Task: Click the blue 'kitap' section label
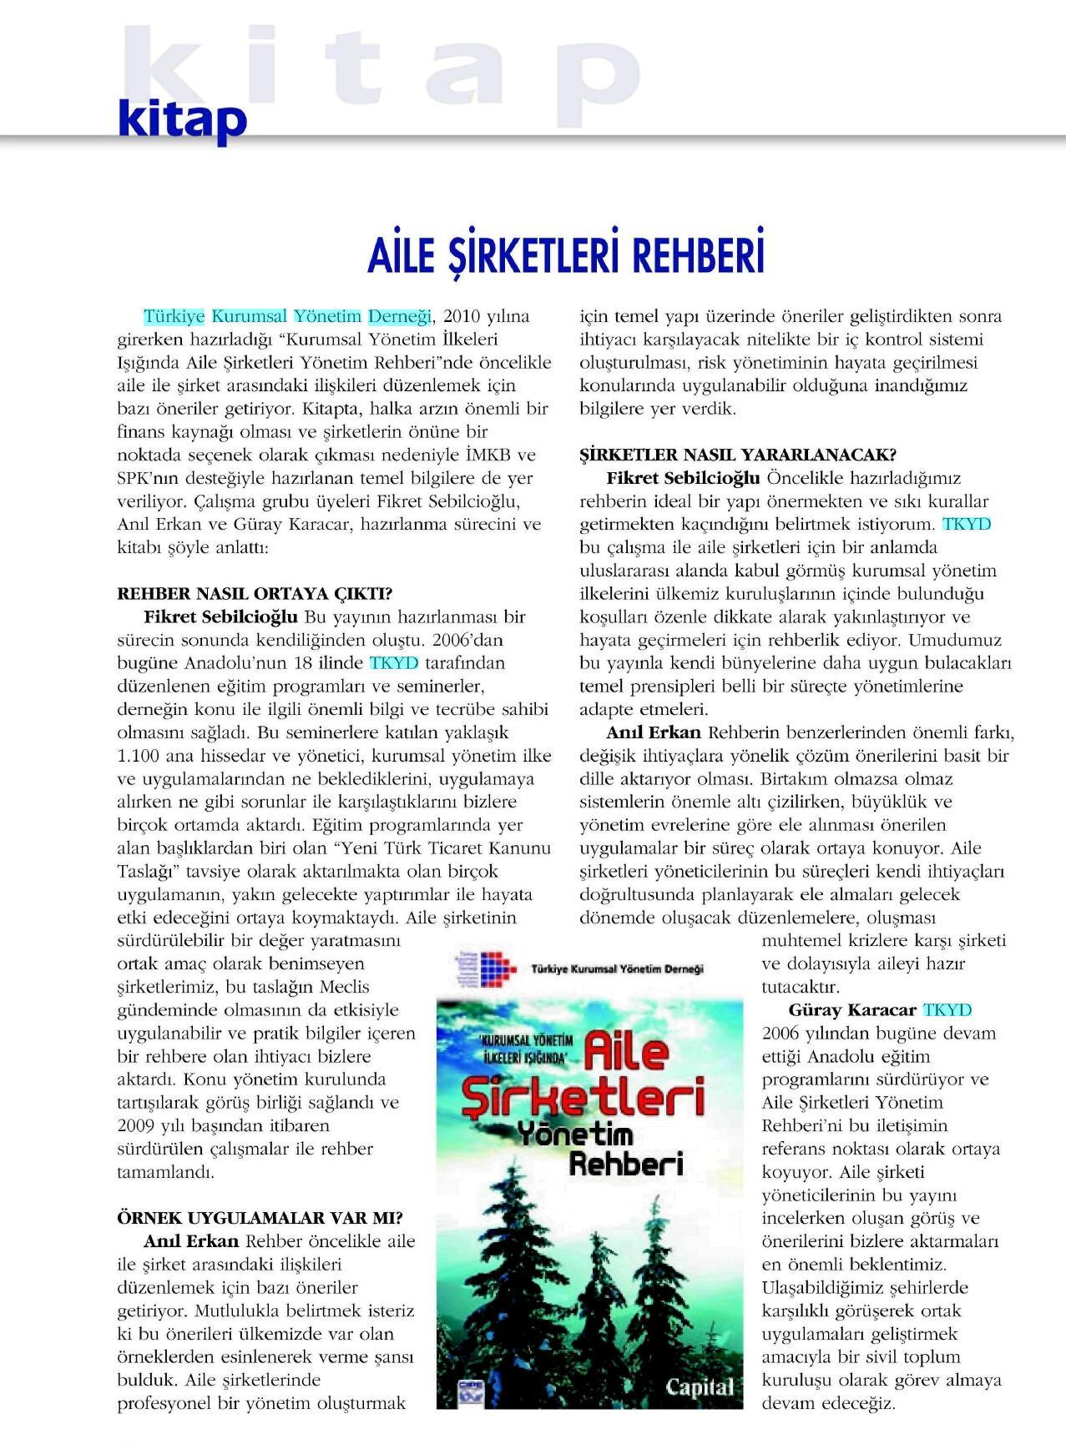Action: [x=183, y=119]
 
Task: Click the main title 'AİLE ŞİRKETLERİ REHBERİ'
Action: [x=566, y=254]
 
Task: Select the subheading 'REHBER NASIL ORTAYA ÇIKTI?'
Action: [x=255, y=594]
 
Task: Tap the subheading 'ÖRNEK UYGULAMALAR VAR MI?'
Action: [x=260, y=1218]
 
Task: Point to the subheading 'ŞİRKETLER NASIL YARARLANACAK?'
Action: [x=738, y=455]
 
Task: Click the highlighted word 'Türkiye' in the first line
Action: [x=174, y=317]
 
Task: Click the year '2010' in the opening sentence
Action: [x=462, y=317]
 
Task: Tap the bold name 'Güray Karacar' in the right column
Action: [x=851, y=1010]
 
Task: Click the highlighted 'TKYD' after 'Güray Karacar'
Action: [x=947, y=1010]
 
